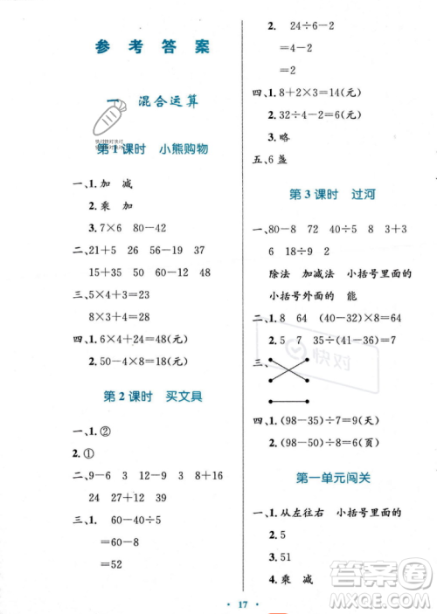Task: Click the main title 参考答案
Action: [153, 46]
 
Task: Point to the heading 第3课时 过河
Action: [324, 194]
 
